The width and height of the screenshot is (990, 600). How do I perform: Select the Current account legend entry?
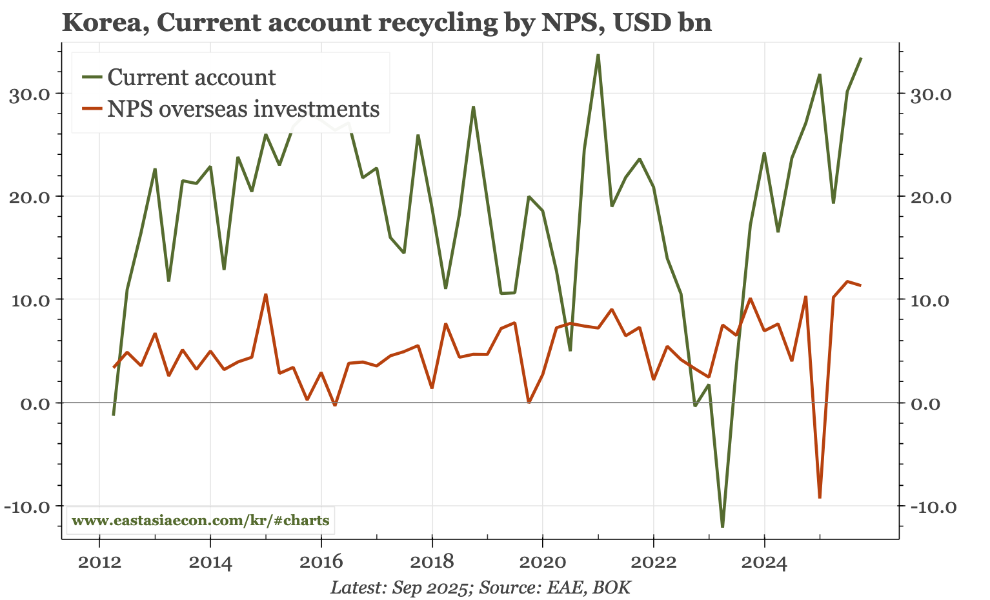pyautogui.click(x=192, y=77)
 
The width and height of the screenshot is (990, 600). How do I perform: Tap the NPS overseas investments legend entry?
pyautogui.click(x=243, y=109)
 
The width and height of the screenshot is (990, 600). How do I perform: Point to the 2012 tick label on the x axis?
pyautogui.click(x=99, y=563)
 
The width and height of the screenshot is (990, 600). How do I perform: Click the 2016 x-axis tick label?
pyautogui.click(x=321, y=563)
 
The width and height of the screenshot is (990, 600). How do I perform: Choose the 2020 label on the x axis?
pyautogui.click(x=543, y=563)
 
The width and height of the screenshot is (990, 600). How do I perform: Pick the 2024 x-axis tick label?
pyautogui.click(x=764, y=563)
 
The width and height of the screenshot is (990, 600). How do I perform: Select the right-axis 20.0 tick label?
pyautogui.click(x=929, y=197)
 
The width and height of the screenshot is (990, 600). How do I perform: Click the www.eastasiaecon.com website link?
pyautogui.click(x=200, y=521)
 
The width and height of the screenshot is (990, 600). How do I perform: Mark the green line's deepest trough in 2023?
pyautogui.click(x=723, y=526)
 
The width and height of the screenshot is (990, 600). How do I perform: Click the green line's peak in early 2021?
pyautogui.click(x=598, y=55)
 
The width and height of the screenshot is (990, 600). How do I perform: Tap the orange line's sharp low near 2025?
pyautogui.click(x=820, y=497)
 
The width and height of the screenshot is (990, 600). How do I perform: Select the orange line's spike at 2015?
pyautogui.click(x=265, y=294)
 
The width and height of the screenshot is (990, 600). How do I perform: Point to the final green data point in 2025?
pyautogui.click(x=861, y=58)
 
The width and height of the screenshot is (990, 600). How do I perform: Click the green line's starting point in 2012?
pyautogui.click(x=114, y=415)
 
